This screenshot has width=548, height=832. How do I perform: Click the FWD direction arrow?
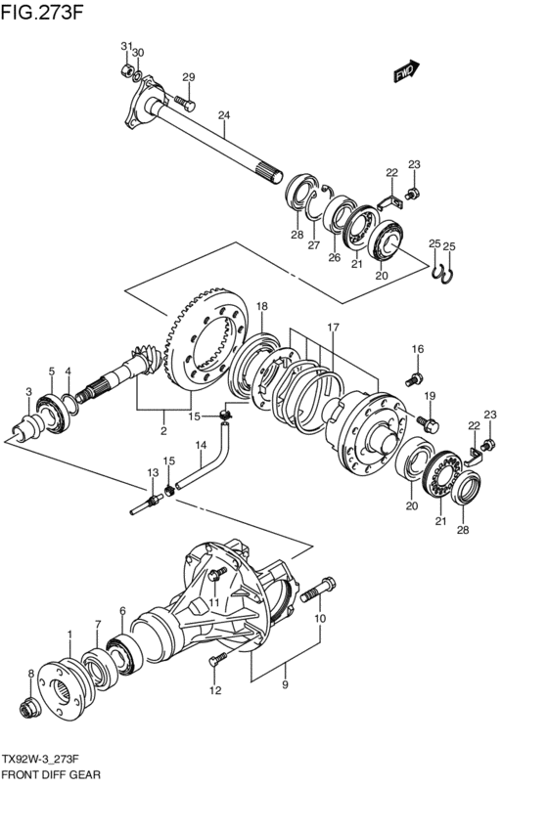click(406, 71)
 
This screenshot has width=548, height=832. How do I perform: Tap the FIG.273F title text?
click(42, 11)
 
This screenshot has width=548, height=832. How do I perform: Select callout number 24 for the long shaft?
click(224, 115)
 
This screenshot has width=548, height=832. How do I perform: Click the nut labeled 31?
click(126, 70)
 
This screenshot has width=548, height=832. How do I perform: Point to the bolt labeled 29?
click(184, 103)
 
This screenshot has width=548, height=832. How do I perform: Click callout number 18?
click(262, 306)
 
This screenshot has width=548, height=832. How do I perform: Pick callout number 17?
click(333, 328)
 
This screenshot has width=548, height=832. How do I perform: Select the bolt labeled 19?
click(428, 424)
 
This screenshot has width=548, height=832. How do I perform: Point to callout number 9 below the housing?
click(285, 684)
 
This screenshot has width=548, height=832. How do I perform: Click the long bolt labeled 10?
click(317, 590)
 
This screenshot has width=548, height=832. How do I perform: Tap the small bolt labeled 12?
click(217, 659)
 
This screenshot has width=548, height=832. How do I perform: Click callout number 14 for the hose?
click(201, 446)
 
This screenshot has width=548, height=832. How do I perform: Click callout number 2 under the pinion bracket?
click(163, 431)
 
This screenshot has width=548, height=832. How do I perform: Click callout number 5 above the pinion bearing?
click(52, 371)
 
